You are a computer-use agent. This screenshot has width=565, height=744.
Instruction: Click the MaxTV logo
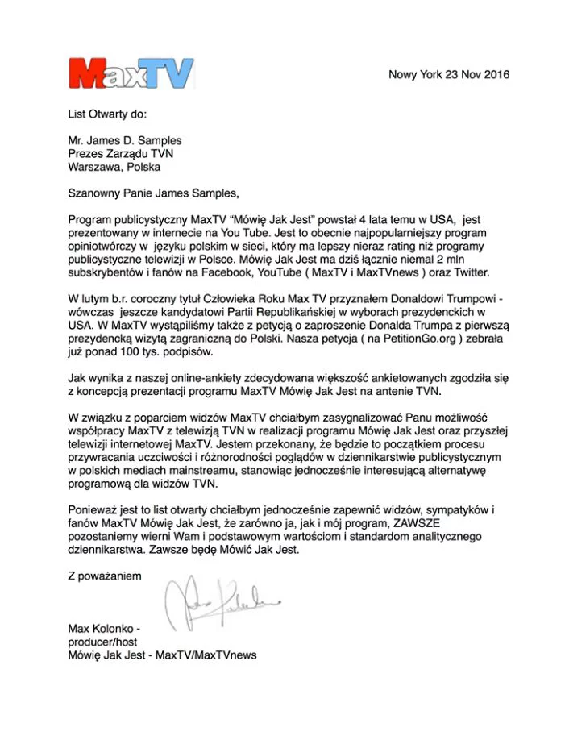[131, 74]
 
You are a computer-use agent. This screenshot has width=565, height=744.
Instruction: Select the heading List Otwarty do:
[107, 114]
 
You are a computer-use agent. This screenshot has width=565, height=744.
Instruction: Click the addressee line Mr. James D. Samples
[125, 140]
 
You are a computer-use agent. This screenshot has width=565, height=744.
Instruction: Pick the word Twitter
[467, 272]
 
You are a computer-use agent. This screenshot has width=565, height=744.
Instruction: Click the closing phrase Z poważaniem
[105, 576]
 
